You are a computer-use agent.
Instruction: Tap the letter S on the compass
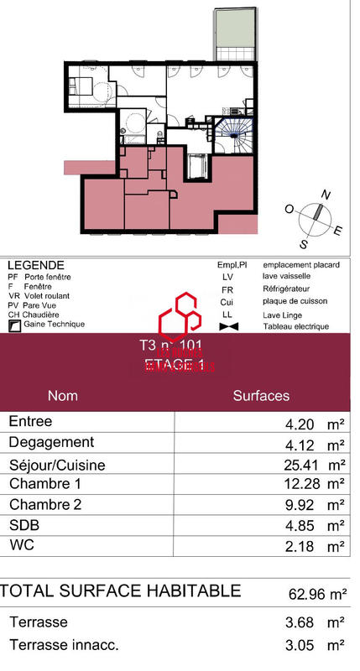[304, 244]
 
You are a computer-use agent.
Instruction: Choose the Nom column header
[63, 395]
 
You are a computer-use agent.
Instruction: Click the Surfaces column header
[261, 395]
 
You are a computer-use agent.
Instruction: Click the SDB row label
[23, 525]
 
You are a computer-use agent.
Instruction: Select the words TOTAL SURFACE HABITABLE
[121, 591]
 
